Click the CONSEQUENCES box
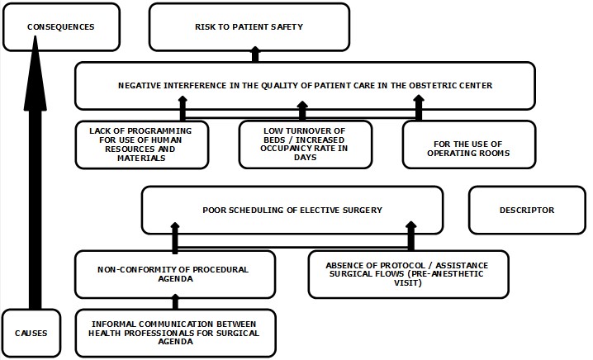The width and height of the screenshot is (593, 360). coord(61,26)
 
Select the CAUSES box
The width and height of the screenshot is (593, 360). coord(31,334)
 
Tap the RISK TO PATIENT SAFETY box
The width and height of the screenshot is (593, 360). coord(249,26)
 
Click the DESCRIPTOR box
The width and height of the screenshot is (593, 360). coord(526,210)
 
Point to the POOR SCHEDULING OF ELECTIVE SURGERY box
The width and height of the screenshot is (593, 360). coord(292,210)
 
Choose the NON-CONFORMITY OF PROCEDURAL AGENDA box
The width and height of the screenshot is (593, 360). coord(173,273)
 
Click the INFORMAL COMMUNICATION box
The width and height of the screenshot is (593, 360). coord(173,334)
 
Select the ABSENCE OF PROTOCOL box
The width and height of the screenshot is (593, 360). coord(408,273)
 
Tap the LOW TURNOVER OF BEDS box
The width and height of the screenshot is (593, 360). coord(306,144)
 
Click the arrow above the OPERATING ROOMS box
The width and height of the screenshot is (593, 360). coord(419,108)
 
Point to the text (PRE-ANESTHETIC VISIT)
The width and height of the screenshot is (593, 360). coord(408,283)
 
